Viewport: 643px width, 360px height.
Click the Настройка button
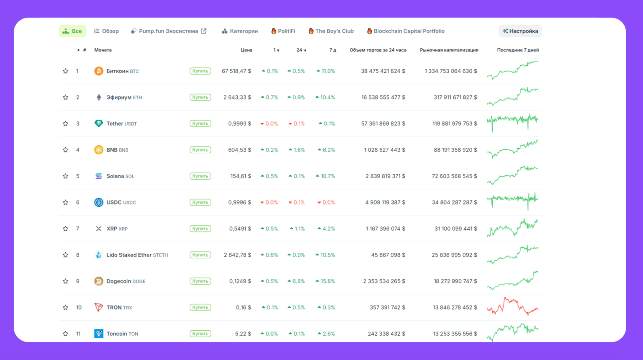[x=520, y=31]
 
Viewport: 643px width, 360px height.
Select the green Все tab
[x=72, y=31]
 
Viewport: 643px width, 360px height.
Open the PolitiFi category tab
[x=283, y=31]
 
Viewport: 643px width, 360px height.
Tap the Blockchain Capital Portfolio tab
[x=406, y=31]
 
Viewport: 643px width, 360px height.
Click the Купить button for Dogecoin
[x=200, y=281]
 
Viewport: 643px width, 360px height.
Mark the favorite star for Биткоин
[x=65, y=71]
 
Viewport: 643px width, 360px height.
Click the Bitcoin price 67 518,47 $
[x=237, y=71]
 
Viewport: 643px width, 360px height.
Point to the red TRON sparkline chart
[x=512, y=306]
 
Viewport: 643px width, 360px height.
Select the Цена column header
[x=246, y=50]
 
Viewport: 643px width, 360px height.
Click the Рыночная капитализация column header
[x=449, y=50]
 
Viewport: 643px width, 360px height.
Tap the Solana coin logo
[x=99, y=176]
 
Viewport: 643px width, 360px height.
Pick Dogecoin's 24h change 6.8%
[x=296, y=281]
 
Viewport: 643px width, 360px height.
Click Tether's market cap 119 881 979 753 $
[x=455, y=123]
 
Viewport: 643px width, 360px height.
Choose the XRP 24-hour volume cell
[x=385, y=229]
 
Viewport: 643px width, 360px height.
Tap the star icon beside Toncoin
[x=65, y=334]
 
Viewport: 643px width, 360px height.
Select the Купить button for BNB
[x=200, y=150]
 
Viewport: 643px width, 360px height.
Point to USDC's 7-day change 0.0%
[x=326, y=203]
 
